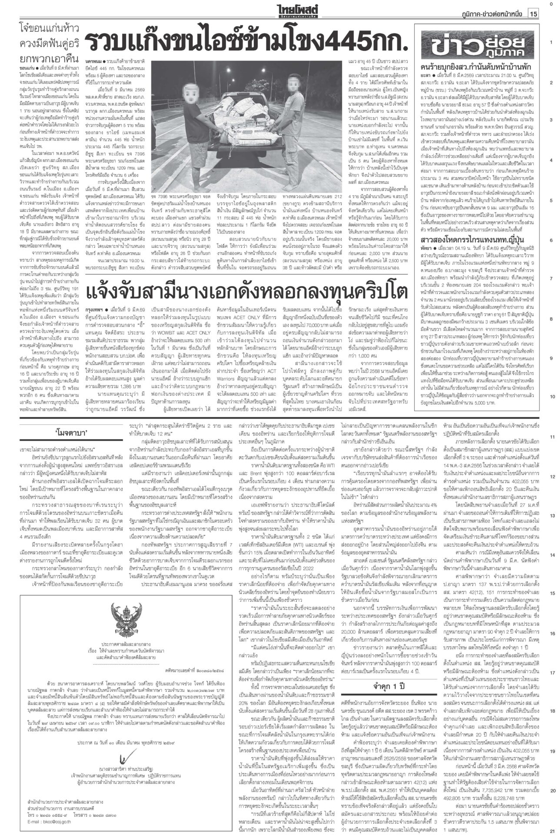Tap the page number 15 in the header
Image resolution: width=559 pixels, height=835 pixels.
pyautogui.click(x=533, y=14)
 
